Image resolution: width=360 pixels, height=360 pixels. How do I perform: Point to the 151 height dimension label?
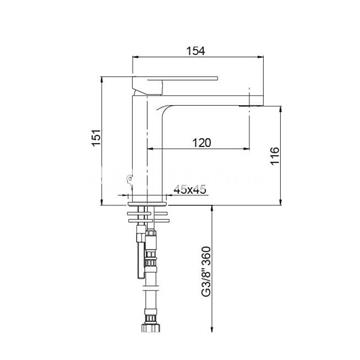pyautogui.click(x=96, y=137)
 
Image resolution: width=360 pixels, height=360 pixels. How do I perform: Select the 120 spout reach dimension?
pyautogui.click(x=202, y=143)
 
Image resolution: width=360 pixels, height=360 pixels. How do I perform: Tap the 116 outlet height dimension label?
pyautogui.click(x=274, y=156)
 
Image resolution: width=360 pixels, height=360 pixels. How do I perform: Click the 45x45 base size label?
pyautogui.click(x=190, y=189)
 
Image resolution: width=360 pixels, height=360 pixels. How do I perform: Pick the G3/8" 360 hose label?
pyautogui.click(x=206, y=271)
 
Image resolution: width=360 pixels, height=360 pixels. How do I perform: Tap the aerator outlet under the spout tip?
pyautogui.click(x=248, y=106)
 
